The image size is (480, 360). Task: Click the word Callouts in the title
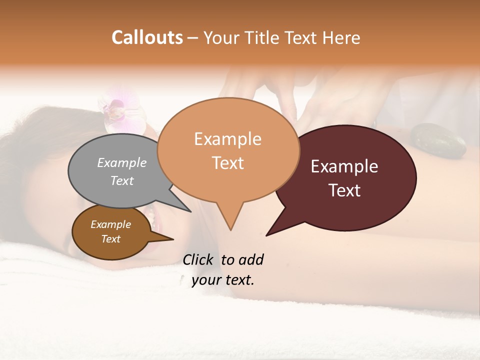pos(147,37)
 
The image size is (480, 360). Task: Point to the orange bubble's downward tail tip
pos(230,230)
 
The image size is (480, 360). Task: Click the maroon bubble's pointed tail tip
pos(266,235)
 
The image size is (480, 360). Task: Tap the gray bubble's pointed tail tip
pos(190,211)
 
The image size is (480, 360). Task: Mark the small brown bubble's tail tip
pos(173,239)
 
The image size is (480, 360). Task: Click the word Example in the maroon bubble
pos(344,166)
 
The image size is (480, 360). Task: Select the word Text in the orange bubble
pos(228,163)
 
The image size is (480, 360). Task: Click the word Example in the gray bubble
pos(122,163)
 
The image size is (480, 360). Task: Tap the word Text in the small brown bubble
pos(111,239)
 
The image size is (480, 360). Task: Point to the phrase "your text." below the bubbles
pos(223,280)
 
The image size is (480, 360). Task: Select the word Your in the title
pos(221,37)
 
